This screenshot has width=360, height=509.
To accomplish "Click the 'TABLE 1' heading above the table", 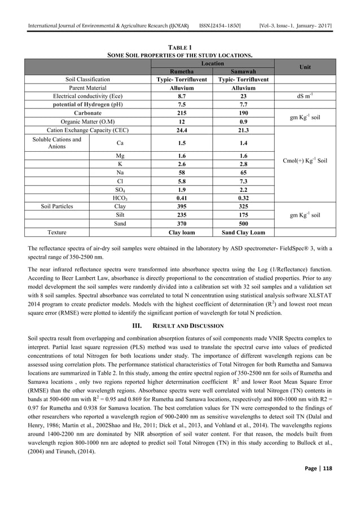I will tap(179, 48).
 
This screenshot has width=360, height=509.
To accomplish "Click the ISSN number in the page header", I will tap(224, 9).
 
